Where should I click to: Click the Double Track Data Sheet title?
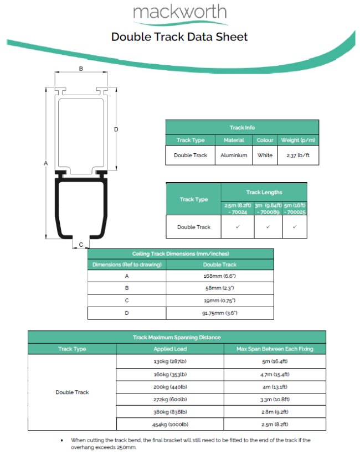[x=179, y=37]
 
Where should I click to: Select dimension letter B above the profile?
[x=81, y=69]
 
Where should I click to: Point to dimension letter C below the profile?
[x=81, y=244]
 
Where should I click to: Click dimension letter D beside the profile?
[x=116, y=129]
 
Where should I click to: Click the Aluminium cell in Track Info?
[x=234, y=156]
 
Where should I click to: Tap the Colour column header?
[x=265, y=140]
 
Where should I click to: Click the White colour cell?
[x=265, y=156]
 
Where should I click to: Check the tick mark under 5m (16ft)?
[x=295, y=227]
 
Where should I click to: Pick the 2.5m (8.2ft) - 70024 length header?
[x=238, y=208]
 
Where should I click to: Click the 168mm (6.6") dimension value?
[x=220, y=276]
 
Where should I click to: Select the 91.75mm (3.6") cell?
[x=220, y=313]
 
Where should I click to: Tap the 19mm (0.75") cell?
[x=220, y=301]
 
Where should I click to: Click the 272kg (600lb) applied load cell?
[x=171, y=399]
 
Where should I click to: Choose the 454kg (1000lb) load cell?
[x=171, y=424]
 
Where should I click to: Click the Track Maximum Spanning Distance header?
[x=177, y=337]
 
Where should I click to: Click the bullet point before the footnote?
[x=61, y=441]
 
